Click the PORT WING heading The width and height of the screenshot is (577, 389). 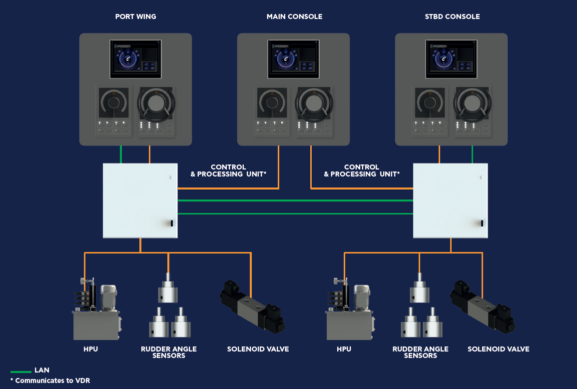(x=135, y=16)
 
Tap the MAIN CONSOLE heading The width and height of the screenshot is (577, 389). (x=294, y=16)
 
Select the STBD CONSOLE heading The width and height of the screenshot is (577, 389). (x=452, y=16)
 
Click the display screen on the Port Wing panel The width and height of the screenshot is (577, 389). (x=136, y=58)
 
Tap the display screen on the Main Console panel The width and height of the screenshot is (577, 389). (x=294, y=58)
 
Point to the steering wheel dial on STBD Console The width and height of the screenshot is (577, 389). (x=471, y=103)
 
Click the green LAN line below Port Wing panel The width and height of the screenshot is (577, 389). (x=121, y=154)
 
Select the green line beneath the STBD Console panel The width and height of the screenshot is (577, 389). (x=473, y=154)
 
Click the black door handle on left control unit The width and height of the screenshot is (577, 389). (x=171, y=223)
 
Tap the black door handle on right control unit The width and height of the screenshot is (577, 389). (x=482, y=223)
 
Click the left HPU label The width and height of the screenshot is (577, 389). (x=90, y=349)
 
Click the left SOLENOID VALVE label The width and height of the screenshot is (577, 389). (x=258, y=349)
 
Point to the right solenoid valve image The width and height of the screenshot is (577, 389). (x=483, y=306)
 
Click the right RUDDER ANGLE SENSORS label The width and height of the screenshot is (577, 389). (x=420, y=352)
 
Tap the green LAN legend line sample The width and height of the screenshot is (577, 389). (x=20, y=372)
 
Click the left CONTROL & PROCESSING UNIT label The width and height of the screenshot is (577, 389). (x=228, y=170)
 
